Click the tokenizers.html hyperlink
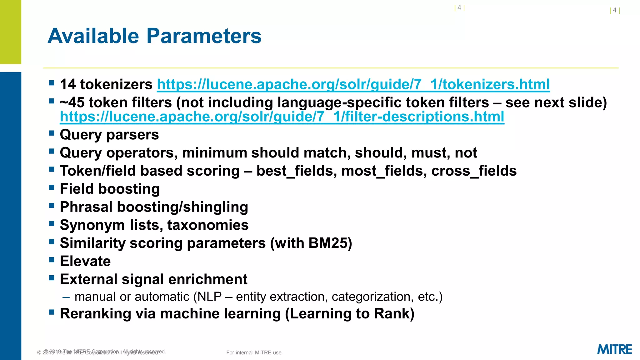pos(353,84)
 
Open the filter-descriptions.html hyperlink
pos(282,117)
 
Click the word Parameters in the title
pos(204,36)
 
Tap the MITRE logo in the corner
pos(614,349)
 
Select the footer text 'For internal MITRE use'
pos(254,352)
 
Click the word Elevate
pos(85,261)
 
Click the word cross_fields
pos(474,171)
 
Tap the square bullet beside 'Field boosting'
pos(52,187)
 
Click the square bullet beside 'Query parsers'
pos(52,133)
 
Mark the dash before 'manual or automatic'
pos(66,297)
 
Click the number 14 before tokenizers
pos(68,84)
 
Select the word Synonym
pos(92,225)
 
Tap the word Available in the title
pos(93,36)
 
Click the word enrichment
pos(206,279)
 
